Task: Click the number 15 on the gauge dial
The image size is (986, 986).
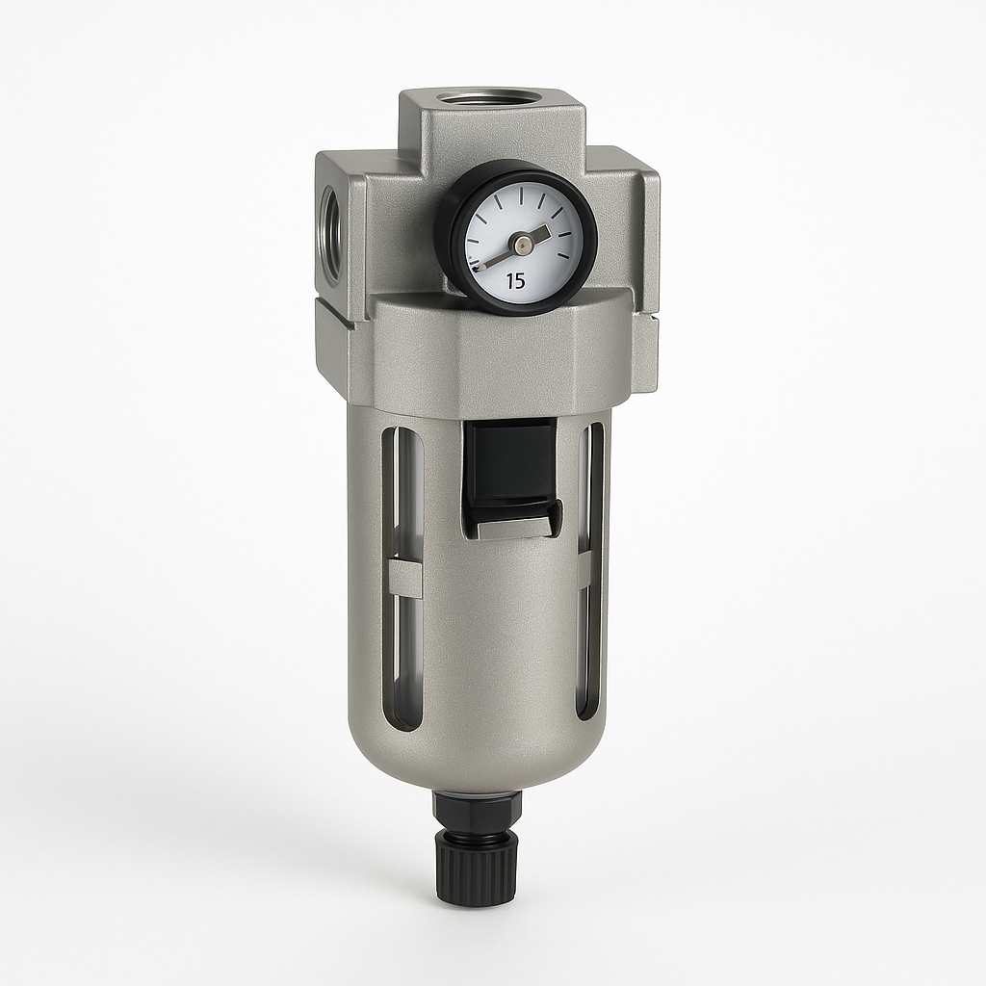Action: (x=515, y=281)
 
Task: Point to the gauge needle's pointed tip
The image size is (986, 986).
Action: (x=479, y=266)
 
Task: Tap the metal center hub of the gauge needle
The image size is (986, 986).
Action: (x=520, y=246)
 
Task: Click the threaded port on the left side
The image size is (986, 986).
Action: (x=329, y=234)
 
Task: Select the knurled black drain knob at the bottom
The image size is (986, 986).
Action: (x=477, y=865)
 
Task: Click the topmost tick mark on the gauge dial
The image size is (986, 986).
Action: (x=521, y=195)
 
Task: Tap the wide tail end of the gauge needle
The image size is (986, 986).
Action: (x=542, y=234)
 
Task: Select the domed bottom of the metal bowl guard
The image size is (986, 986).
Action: (x=477, y=761)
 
